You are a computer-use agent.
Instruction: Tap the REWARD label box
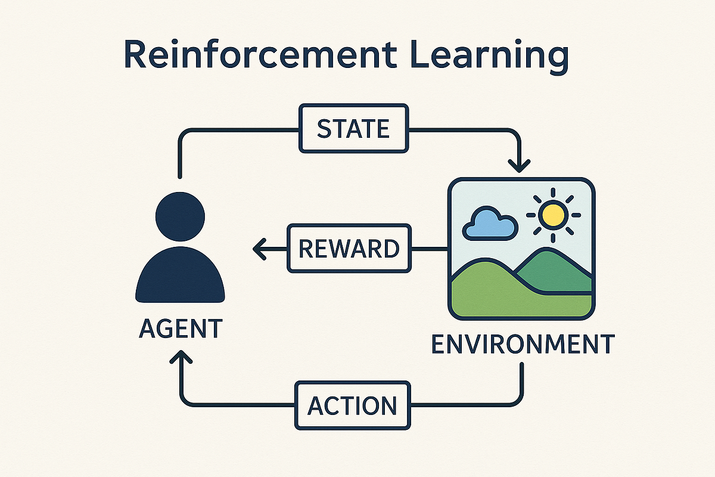pos(349,249)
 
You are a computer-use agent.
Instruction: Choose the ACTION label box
pos(352,405)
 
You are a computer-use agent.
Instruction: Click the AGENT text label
pos(180,330)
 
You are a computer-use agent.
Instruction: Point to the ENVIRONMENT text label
pos(522,345)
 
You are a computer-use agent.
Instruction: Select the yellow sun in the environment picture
pos(554,215)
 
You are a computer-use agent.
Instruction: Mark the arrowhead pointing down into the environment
pos(520,164)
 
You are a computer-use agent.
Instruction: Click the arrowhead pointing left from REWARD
pos(259,249)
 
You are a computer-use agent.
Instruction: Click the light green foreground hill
pos(506,298)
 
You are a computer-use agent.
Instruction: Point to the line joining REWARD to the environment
pos(429,249)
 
